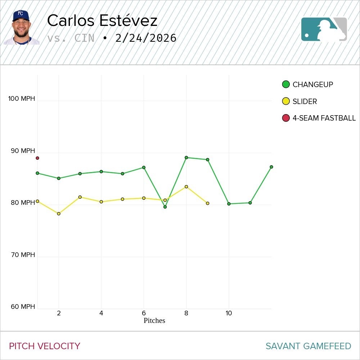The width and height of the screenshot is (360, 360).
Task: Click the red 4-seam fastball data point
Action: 37,158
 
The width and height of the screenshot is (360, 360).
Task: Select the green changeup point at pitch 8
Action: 186,158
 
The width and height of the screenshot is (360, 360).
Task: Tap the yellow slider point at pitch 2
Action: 59,214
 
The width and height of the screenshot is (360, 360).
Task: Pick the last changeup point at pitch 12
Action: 271,167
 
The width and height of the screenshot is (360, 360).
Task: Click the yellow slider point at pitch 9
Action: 207,203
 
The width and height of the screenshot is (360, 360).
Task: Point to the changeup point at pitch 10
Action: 229,204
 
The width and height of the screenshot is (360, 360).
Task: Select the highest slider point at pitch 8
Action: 186,187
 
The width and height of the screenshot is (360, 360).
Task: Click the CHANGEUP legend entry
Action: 312,85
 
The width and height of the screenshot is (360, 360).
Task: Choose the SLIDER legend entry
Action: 305,102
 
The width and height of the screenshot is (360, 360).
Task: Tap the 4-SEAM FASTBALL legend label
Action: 324,118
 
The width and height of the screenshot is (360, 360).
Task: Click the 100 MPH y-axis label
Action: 22,99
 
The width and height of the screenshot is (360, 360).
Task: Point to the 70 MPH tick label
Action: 23,255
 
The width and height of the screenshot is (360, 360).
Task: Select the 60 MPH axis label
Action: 23,307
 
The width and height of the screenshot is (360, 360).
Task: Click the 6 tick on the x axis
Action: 144,313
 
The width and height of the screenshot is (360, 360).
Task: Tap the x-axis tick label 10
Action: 229,313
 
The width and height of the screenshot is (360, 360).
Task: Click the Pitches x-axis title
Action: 154,320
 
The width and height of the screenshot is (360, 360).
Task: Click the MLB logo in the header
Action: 324,29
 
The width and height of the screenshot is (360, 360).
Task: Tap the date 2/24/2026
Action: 146,38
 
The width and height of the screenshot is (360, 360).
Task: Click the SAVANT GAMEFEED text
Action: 308,346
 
